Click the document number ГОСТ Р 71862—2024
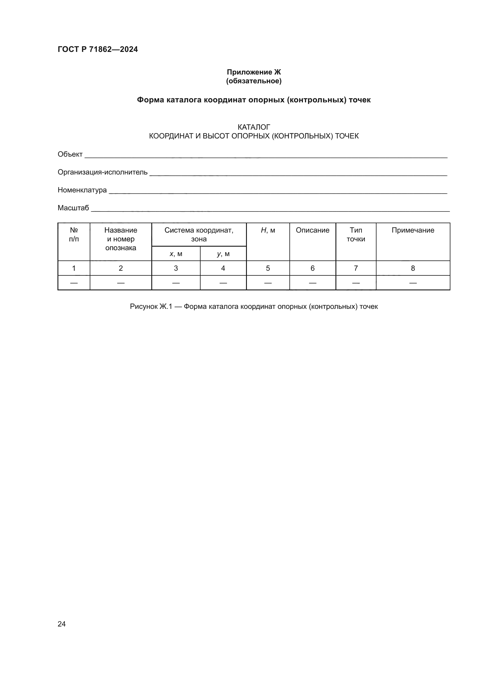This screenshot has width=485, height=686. tap(98, 49)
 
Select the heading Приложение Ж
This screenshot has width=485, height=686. tap(254, 72)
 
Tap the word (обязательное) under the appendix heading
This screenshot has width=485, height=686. tap(254, 81)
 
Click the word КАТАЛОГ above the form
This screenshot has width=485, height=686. tap(254, 127)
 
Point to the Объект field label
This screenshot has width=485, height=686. tap(70, 154)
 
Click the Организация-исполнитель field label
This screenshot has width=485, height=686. tap(102, 172)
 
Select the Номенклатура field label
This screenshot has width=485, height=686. tap(82, 190)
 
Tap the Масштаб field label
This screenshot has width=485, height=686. tap(73, 208)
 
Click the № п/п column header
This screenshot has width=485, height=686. tap(74, 235)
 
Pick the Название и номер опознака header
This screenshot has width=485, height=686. tap(121, 239)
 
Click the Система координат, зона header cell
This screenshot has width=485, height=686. tap(199, 235)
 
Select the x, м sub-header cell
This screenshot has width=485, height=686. tap(176, 254)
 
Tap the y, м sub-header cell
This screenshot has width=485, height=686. tap(223, 254)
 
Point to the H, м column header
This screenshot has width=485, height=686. tap(268, 230)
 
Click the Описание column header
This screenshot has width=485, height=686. tap(312, 230)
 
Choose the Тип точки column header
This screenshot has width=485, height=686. tap(356, 235)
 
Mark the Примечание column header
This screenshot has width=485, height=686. tap(413, 230)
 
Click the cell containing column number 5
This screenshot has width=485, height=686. tap(268, 268)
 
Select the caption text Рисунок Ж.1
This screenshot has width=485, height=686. tap(151, 306)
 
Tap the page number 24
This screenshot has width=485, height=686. tap(62, 624)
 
